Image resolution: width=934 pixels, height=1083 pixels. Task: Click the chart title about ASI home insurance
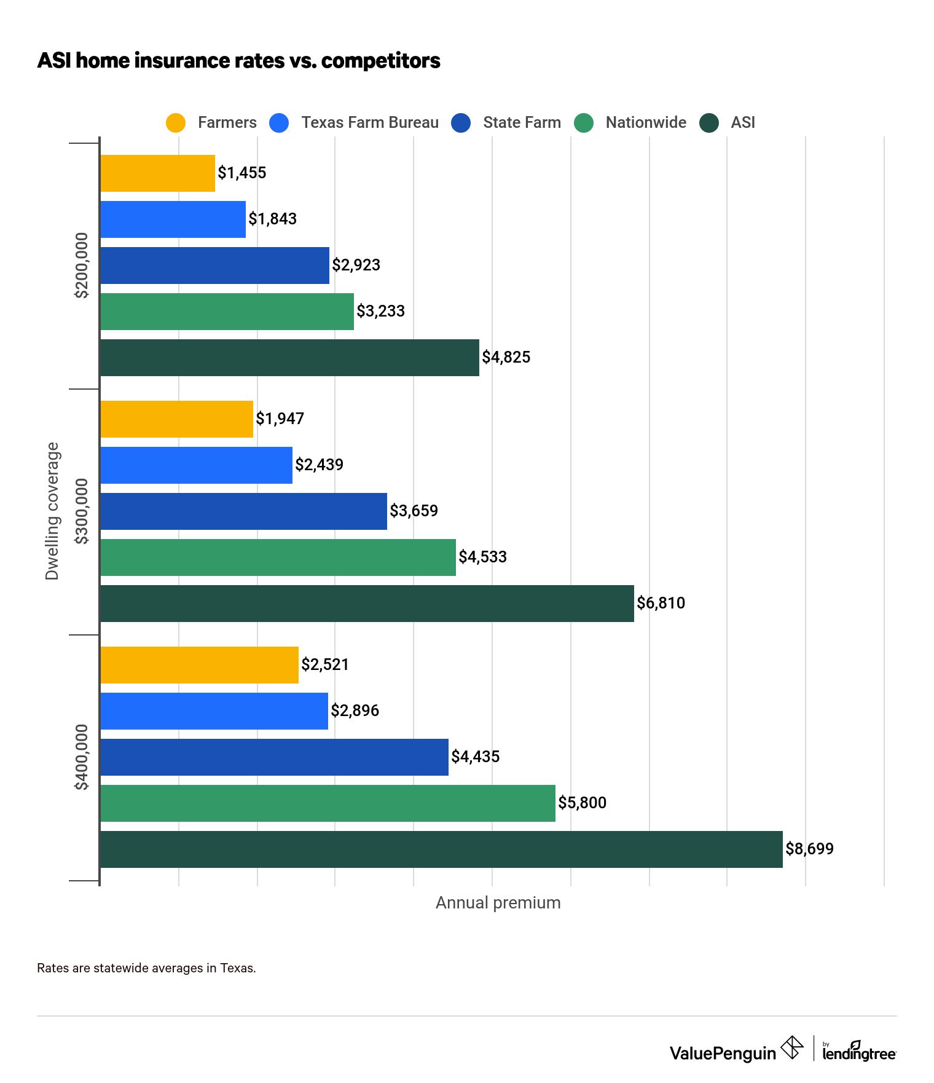click(x=238, y=60)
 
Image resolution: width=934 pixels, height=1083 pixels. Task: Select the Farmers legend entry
click(x=211, y=122)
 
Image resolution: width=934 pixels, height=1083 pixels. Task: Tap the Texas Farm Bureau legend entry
click(x=355, y=122)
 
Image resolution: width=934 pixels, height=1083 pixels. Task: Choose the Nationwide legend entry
click(x=630, y=122)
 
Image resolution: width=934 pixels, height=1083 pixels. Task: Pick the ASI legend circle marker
click(x=709, y=123)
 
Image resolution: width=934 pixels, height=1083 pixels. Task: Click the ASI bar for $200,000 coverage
click(x=289, y=358)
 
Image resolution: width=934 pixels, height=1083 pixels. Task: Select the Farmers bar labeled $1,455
click(x=157, y=173)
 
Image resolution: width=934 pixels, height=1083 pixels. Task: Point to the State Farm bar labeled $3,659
click(x=243, y=511)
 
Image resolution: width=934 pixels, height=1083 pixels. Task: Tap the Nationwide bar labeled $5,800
click(x=328, y=803)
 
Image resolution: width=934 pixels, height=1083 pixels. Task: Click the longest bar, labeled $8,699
click(x=441, y=849)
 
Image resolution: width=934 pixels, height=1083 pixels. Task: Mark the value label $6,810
click(x=661, y=603)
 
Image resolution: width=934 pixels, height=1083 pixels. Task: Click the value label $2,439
click(x=319, y=465)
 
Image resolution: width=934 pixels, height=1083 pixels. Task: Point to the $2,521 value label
click(x=325, y=664)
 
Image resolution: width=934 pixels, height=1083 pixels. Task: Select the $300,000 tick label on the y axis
click(x=82, y=511)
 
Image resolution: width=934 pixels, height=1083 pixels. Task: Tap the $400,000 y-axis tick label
click(x=82, y=757)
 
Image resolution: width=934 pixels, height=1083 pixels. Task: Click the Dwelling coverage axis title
click(x=52, y=511)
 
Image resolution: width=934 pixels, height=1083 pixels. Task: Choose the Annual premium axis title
click(x=498, y=903)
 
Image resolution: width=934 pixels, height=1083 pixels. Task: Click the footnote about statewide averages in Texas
click(x=146, y=968)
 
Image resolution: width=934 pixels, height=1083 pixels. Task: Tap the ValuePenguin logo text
click(x=723, y=1053)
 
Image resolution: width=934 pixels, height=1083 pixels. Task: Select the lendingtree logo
click(x=858, y=1052)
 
